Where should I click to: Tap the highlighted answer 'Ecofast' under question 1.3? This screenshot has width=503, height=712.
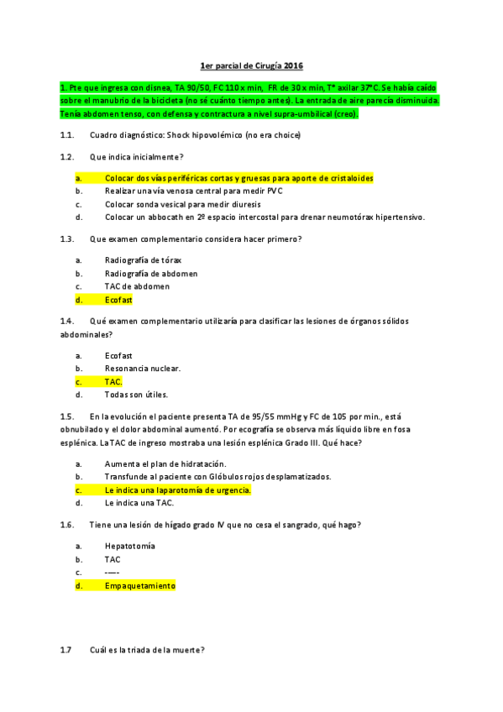118,300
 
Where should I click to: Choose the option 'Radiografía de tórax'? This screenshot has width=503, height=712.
143,259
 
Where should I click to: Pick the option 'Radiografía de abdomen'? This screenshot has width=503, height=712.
151,273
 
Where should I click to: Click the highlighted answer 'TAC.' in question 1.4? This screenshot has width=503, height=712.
113,381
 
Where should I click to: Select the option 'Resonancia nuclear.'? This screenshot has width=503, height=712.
143,368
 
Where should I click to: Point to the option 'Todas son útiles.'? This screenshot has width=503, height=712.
136,395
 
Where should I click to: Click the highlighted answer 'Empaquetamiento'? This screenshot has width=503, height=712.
140,586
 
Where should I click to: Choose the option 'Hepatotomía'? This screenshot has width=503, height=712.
130,546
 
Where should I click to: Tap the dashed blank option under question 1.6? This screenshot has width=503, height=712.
113,573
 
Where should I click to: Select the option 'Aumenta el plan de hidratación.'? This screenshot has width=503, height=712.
165,463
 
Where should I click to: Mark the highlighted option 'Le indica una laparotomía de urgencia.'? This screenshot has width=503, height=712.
177,490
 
